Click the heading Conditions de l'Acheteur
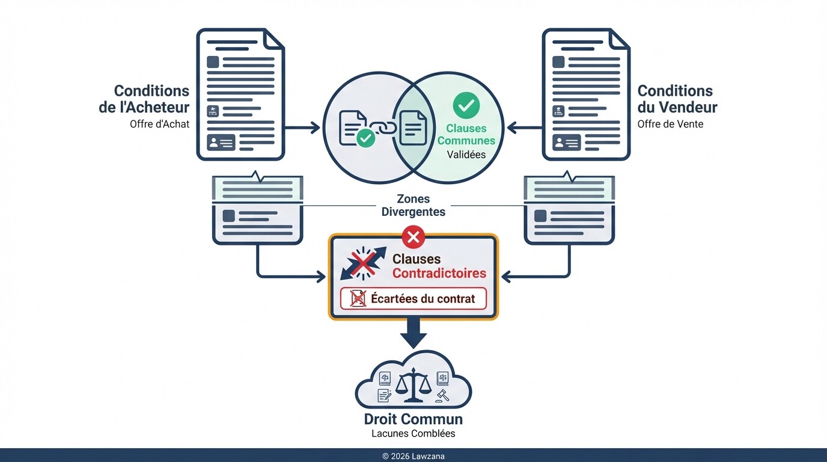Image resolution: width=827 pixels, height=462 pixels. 151,99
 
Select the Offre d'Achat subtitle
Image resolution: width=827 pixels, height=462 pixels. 159,125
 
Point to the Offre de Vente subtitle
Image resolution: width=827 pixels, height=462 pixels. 670,125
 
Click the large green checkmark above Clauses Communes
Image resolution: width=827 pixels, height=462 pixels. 465,105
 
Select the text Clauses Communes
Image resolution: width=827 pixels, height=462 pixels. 466,135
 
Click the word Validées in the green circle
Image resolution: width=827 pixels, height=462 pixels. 466,155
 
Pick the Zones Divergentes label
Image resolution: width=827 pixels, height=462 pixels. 413,205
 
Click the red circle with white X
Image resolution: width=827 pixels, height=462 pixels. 413,237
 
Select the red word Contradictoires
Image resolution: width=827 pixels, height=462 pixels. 439,274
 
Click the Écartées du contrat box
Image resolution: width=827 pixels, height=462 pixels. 413,298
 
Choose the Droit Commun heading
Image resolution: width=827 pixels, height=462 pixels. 413,419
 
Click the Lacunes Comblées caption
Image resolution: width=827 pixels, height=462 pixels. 413,434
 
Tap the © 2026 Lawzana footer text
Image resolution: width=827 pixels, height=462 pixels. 413,456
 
